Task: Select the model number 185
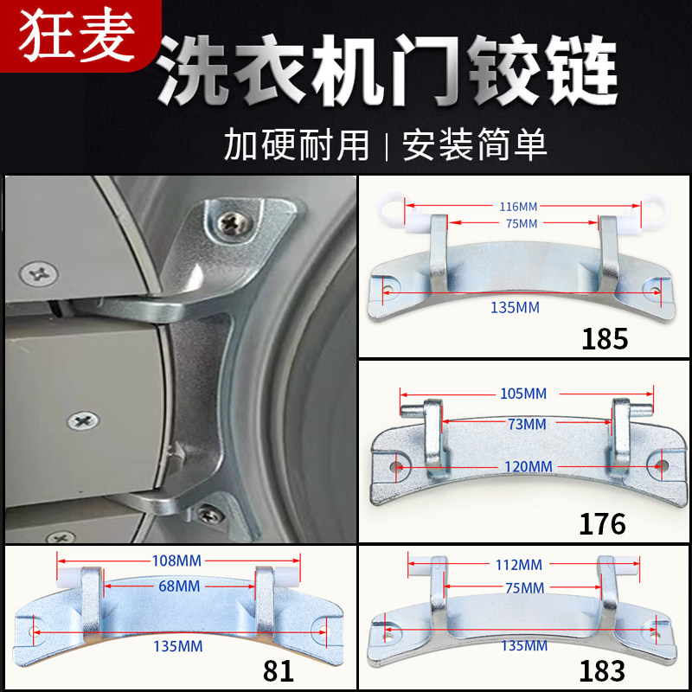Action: [605, 338]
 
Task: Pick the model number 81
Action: [279, 670]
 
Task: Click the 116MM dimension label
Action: [517, 207]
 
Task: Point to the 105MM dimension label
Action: [523, 394]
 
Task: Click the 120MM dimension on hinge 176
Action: [529, 466]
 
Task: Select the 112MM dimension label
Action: [518, 565]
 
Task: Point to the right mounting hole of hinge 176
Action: [662, 465]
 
